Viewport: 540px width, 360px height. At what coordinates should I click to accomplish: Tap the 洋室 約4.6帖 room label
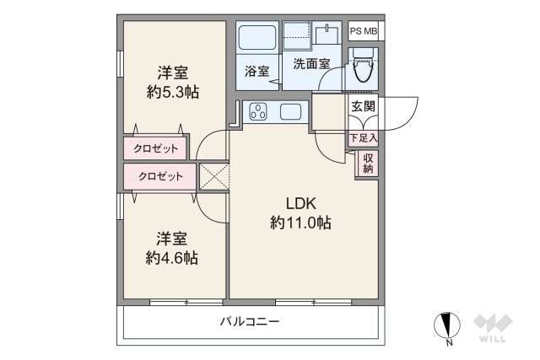(171, 249)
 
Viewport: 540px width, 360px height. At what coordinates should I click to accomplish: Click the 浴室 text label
(256, 72)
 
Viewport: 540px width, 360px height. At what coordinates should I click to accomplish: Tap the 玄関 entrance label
(363, 107)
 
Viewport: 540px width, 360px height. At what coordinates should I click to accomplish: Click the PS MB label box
(364, 32)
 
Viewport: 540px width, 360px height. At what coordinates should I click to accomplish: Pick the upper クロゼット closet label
(156, 148)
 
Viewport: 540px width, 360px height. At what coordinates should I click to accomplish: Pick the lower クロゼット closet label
(159, 176)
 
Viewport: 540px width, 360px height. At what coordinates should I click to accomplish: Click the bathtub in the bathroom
(256, 38)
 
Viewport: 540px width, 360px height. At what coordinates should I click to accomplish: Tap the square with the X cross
(213, 176)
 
